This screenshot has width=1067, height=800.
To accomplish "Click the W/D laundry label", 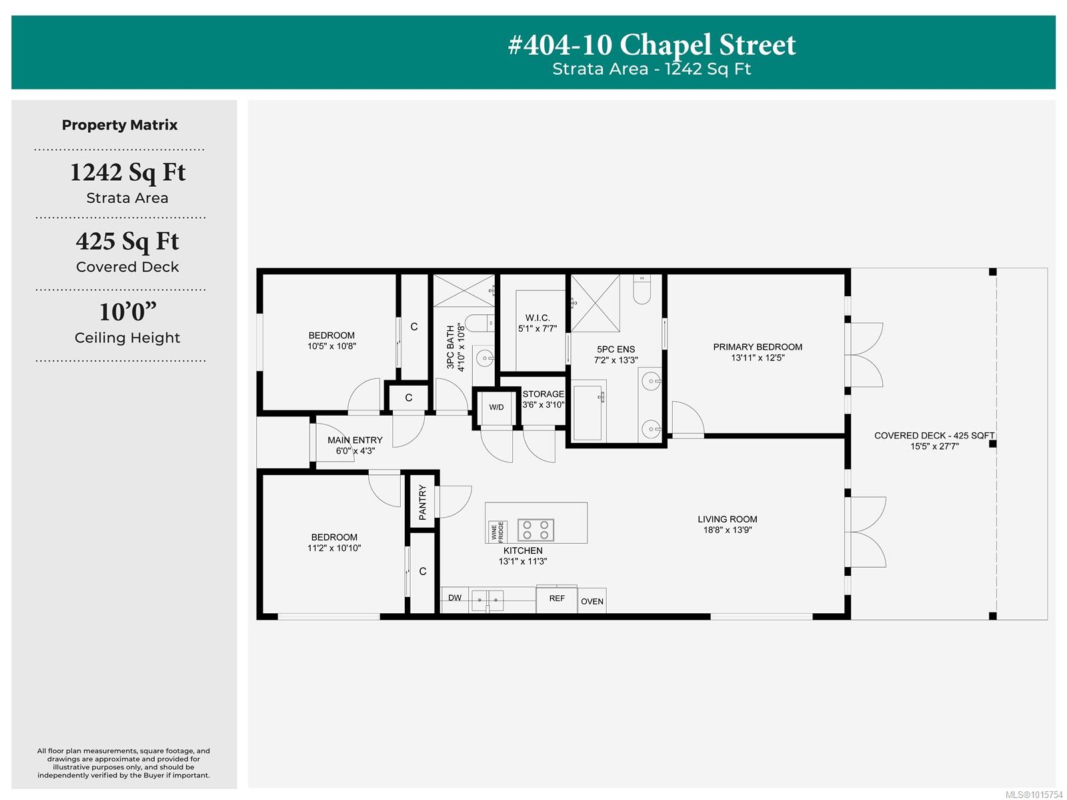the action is point(496,407).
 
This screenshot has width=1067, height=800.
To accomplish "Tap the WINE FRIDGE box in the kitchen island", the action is point(497,532).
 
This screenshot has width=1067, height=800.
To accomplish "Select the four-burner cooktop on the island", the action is point(536,530).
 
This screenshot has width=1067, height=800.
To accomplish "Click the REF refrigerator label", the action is point(557,598).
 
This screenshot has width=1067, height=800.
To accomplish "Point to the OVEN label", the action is point(592,601).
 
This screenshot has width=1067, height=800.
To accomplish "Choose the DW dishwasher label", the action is point(455,598).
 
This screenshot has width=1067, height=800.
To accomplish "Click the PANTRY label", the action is point(422,502).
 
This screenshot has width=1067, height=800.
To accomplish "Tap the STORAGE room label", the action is point(543,394).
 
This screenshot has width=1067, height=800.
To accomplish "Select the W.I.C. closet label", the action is point(537,318).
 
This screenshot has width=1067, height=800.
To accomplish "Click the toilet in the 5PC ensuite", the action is point(642,290).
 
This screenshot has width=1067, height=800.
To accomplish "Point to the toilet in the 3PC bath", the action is point(479,323).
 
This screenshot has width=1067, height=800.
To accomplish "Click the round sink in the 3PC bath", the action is point(484,358).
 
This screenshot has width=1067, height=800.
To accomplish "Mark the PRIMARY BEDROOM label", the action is point(758,347).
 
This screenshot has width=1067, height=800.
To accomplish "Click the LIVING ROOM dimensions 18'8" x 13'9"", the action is point(727,530).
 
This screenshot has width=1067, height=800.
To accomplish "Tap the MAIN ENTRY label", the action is point(355,440).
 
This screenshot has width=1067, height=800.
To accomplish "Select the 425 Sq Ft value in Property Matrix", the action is point(127,242).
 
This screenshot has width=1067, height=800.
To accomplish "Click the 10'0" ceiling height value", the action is point(128,312).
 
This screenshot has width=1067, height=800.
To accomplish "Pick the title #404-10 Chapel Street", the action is point(652,45).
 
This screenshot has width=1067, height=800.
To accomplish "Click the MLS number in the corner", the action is point(1034,795).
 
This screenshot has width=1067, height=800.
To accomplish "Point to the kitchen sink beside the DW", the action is point(487,601).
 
